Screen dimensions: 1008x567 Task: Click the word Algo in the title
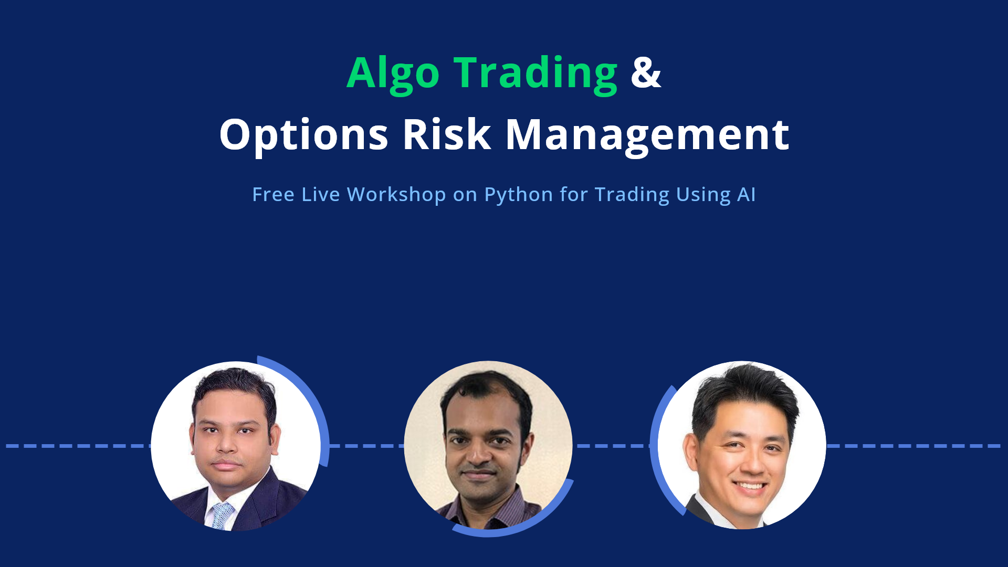(x=393, y=74)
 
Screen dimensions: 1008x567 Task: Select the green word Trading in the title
(x=535, y=74)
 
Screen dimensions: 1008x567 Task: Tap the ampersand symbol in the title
(x=646, y=72)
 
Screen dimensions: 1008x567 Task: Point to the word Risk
(x=447, y=134)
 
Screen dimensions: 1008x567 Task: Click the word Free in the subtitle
(x=273, y=194)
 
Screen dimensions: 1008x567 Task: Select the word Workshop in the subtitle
(x=396, y=194)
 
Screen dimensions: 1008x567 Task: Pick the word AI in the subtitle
(x=746, y=194)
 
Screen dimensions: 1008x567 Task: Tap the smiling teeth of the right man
(x=750, y=486)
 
